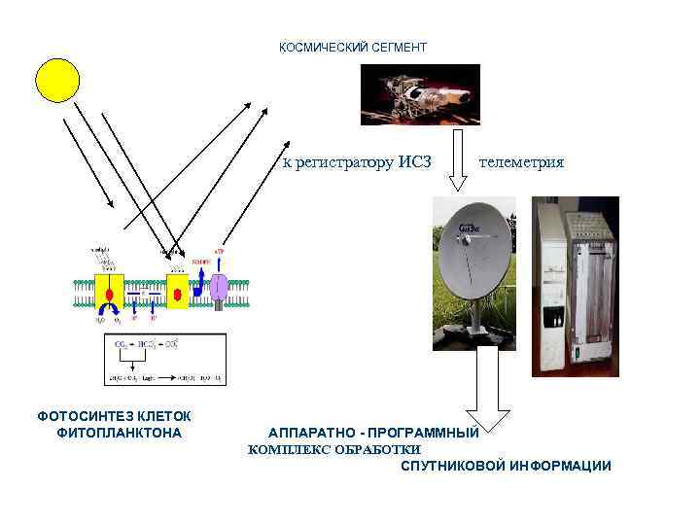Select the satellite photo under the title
pyautogui.click(x=420, y=94)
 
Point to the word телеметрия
pyautogui.click(x=521, y=162)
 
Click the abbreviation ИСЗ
pyautogui.click(x=414, y=162)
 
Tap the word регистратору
pyautogui.click(x=343, y=162)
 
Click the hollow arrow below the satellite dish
pyautogui.click(x=480, y=389)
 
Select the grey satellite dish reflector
pyautogui.click(x=471, y=257)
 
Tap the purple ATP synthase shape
pyautogui.click(x=220, y=287)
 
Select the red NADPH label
pyautogui.click(x=200, y=262)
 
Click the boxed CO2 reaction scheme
pyautogui.click(x=164, y=359)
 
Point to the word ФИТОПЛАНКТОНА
pyautogui.click(x=120, y=432)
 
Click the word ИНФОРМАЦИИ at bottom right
pyautogui.click(x=560, y=466)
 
